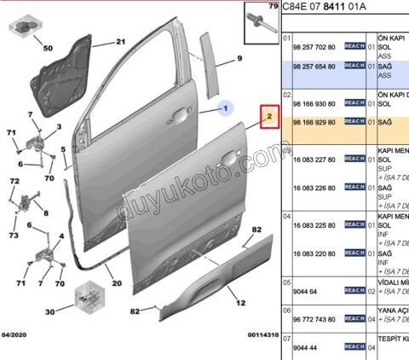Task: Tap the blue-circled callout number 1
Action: click(227, 108)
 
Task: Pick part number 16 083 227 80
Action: click(314, 160)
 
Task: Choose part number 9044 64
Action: click(304, 292)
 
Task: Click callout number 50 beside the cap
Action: click(47, 49)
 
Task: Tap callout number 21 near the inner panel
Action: click(120, 42)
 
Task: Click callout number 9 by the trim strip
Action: click(239, 58)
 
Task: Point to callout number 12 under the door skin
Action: click(241, 302)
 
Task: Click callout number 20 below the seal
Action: click(117, 282)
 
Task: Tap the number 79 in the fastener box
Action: click(274, 7)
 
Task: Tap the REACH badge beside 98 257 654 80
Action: click(354, 65)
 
